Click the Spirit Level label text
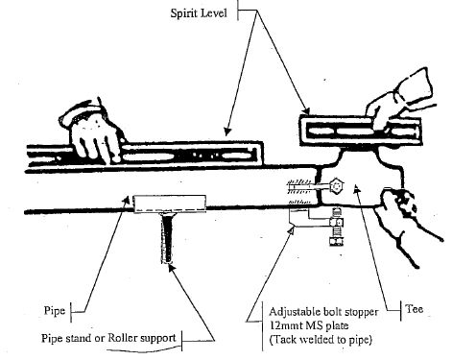coord(199,13)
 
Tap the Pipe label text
coord(55,310)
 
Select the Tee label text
coord(415,309)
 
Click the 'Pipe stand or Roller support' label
coord(108,338)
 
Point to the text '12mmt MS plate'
coord(309,325)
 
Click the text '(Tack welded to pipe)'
coord(321,340)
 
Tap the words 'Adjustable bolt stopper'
coord(323,312)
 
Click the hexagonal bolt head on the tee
coord(336,186)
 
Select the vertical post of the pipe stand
coord(167,238)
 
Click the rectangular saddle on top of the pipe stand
coord(170,204)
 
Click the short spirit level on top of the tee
coord(361,132)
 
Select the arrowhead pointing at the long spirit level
coord(227,132)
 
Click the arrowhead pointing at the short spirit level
coord(306,110)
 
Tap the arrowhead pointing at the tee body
coord(357,188)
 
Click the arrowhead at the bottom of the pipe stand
coord(171,267)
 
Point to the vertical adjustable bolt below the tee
coord(336,227)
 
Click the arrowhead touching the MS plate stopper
coord(291,229)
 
